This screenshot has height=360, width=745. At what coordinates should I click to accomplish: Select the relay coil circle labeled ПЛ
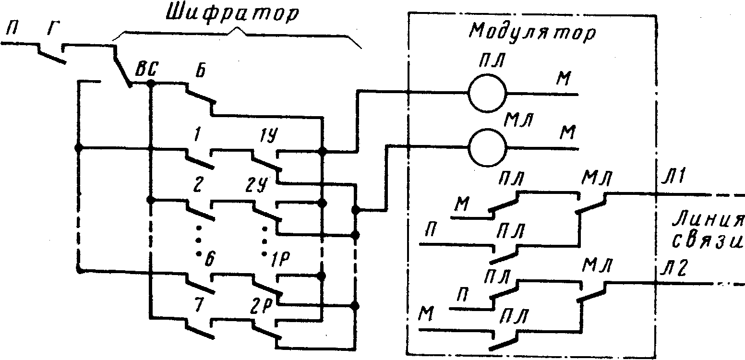[x=487, y=93]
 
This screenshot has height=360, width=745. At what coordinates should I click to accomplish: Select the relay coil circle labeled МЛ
[x=487, y=147]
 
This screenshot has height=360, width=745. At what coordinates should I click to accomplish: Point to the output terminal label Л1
[x=669, y=180]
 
